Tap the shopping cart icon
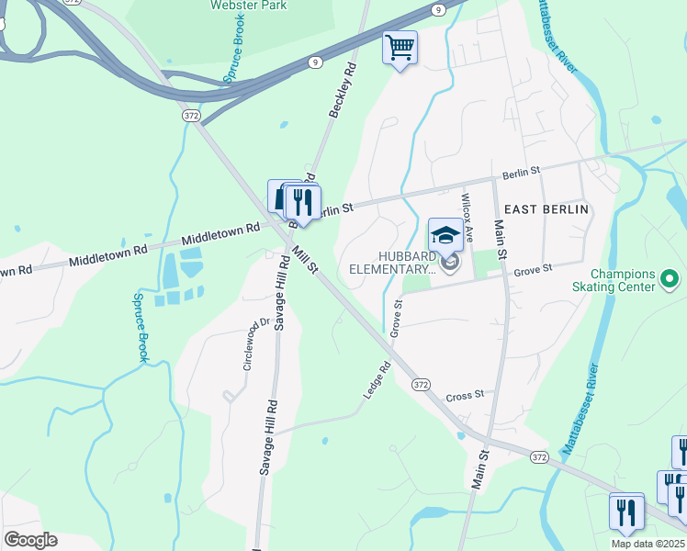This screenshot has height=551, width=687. point(400,46)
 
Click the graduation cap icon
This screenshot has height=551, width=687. point(445,234)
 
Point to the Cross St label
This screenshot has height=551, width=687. point(465,396)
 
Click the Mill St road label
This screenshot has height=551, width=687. point(305,259)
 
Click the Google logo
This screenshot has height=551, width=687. point(30,540)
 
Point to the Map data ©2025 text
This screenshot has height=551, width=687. point(648,544)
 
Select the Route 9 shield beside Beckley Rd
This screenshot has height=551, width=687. point(315,62)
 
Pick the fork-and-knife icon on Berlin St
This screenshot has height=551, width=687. point(303,201)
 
